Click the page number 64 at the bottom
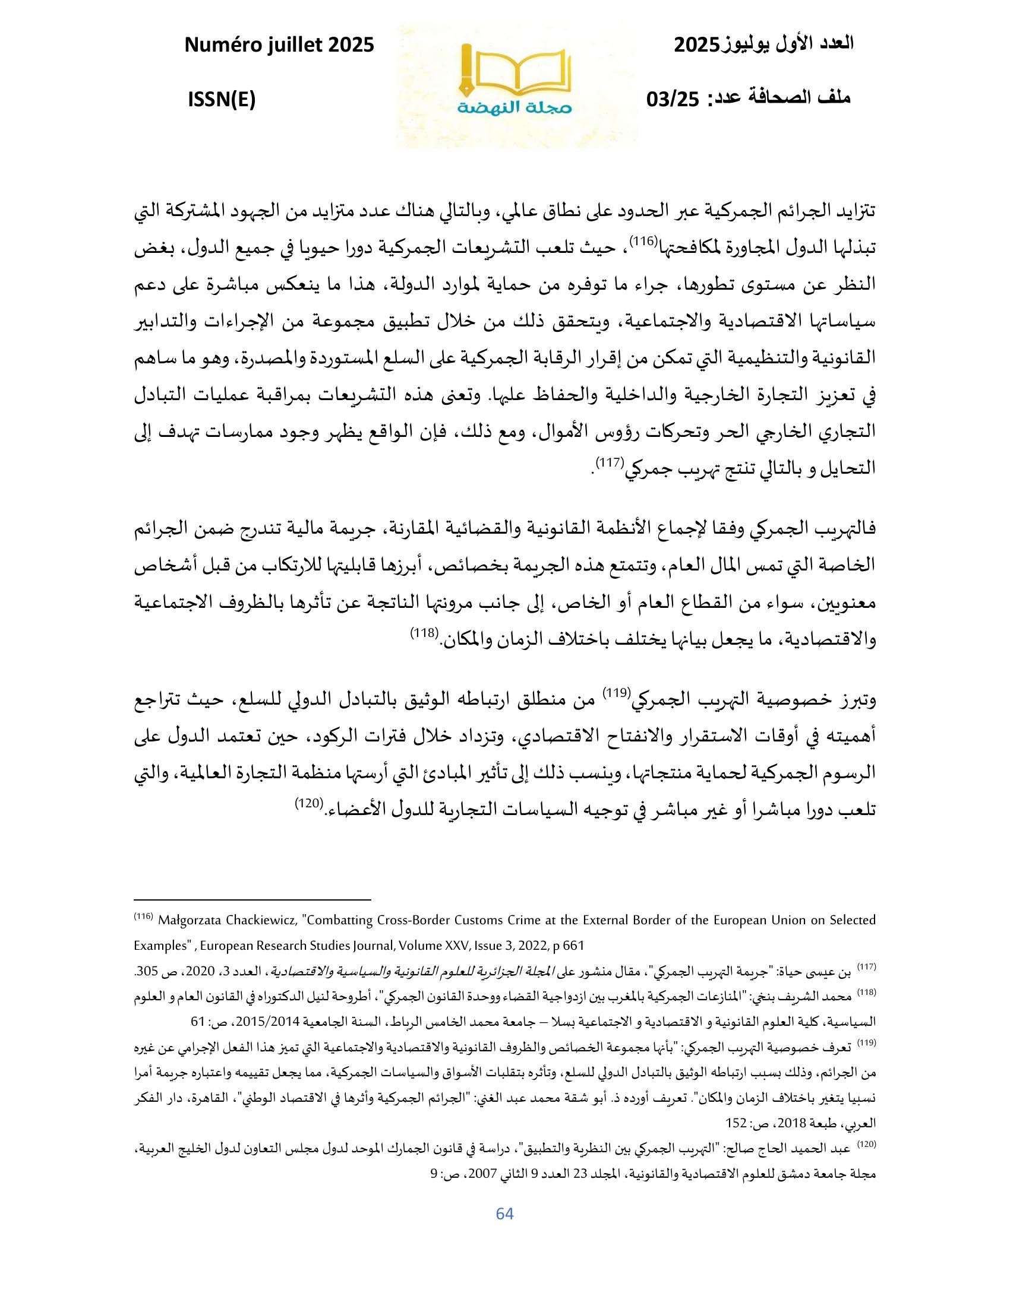click(x=505, y=1213)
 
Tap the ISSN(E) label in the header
click(x=222, y=100)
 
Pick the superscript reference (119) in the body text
click(x=614, y=692)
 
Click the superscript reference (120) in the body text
click(x=309, y=803)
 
